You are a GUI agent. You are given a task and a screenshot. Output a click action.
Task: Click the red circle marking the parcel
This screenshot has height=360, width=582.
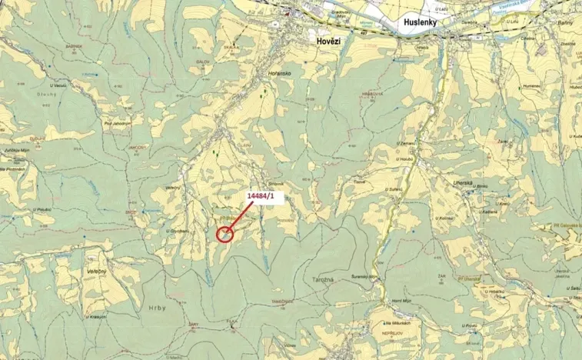coord(224,234)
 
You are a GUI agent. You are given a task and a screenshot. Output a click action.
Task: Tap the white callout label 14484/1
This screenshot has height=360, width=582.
coord(265,197)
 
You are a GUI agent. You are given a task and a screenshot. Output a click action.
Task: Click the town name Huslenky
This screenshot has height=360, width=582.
coord(427,24)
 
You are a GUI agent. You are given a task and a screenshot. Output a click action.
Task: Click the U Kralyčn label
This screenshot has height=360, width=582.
coord(95,316)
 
